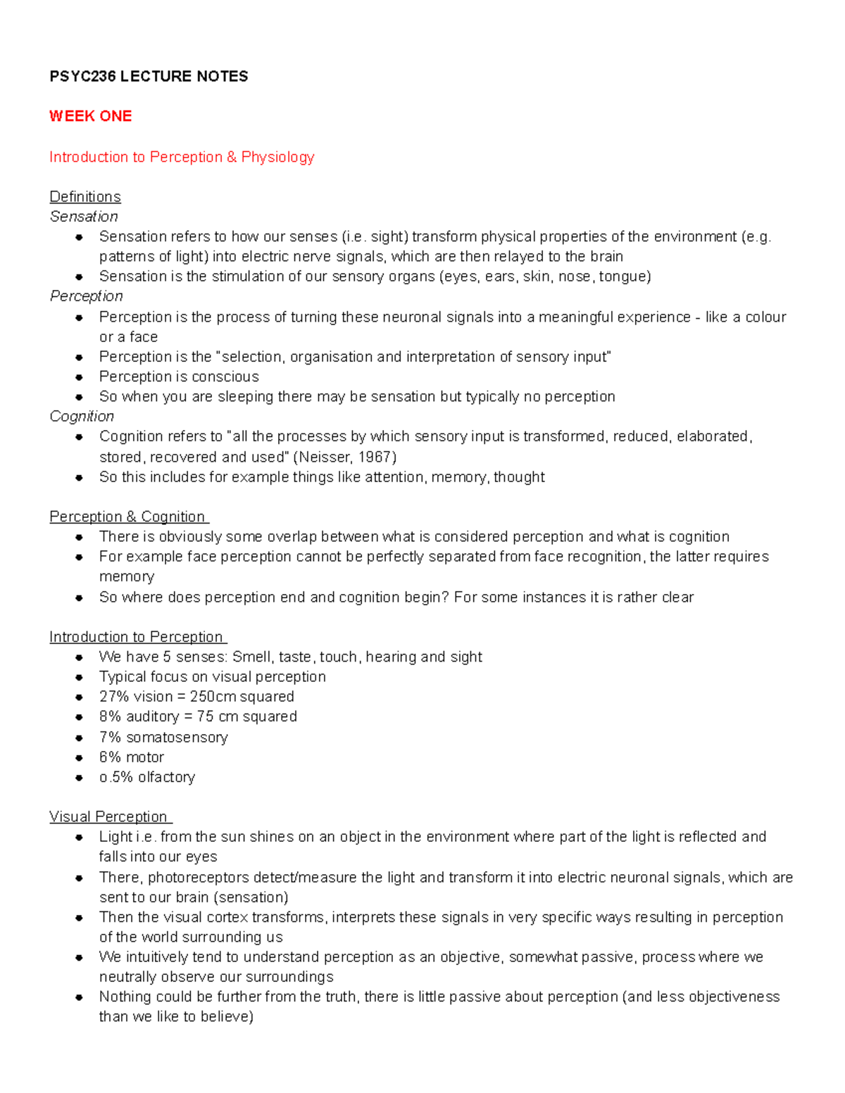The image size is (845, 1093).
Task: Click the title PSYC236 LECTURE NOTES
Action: (149, 76)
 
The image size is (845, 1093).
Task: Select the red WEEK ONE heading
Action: (90, 116)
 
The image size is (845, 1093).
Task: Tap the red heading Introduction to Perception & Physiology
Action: (182, 157)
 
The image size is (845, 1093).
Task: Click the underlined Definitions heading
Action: (85, 196)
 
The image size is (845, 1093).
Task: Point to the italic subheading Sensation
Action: (84, 217)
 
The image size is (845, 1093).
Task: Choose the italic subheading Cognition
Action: (82, 417)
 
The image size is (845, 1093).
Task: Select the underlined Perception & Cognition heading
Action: (127, 517)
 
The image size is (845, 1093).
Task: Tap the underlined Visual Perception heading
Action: (109, 816)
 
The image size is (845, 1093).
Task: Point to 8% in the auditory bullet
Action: (110, 716)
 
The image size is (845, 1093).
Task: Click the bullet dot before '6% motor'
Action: (80, 758)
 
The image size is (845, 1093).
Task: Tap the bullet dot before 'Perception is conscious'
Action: (80, 377)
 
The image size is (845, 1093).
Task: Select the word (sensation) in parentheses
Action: (251, 897)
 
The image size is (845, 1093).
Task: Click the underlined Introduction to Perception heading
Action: (137, 637)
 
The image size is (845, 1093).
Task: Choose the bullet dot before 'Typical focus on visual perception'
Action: (80, 677)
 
